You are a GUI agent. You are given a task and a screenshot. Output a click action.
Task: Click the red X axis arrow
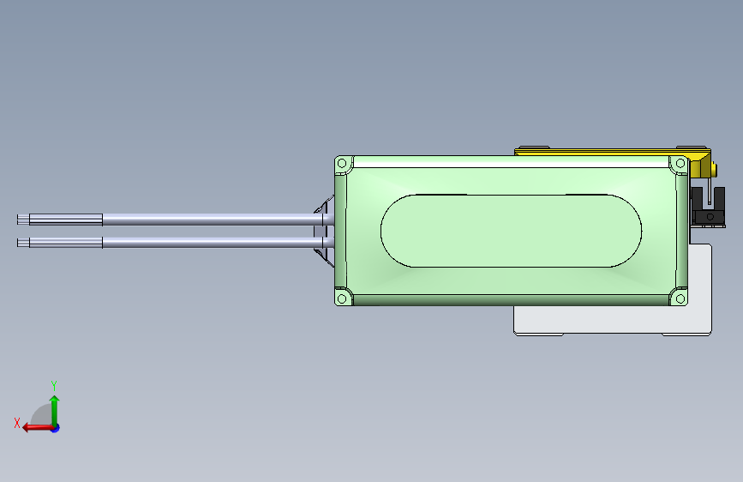[x=33, y=427]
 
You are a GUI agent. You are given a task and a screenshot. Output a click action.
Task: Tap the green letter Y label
[x=54, y=385]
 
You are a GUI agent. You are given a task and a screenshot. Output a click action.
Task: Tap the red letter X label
[x=16, y=423]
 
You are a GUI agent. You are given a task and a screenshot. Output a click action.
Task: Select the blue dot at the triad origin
[x=55, y=427]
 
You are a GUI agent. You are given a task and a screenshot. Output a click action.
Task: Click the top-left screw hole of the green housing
[x=342, y=163]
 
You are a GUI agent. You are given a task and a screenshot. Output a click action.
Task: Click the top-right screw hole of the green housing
[x=680, y=163]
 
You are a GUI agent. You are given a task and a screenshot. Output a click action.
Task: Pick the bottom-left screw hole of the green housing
[x=342, y=298]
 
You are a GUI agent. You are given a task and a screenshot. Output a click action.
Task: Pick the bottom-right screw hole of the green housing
[x=680, y=298]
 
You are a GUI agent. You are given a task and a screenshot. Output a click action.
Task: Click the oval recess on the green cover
[x=511, y=231]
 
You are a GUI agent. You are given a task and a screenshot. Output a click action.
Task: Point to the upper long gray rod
[x=206, y=220]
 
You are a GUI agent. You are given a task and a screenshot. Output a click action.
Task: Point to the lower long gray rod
[x=206, y=243]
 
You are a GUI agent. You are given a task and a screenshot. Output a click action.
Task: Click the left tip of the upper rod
[x=20, y=220]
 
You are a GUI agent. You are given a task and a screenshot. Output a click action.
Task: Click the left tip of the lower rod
[x=20, y=243]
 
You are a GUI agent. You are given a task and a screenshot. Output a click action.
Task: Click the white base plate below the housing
[x=600, y=321]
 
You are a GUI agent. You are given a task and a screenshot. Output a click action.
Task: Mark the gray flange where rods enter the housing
[x=324, y=230]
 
